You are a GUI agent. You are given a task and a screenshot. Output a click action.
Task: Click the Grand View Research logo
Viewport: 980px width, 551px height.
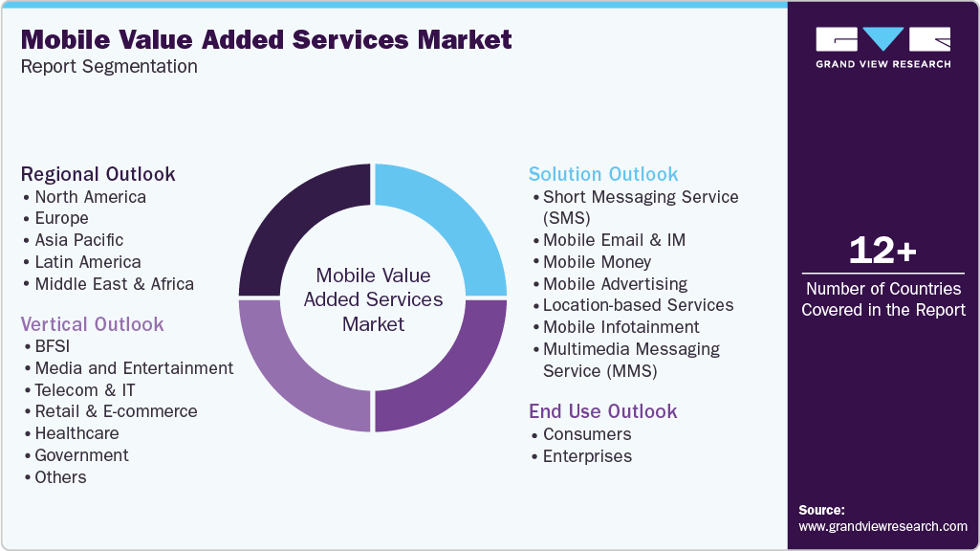(882, 47)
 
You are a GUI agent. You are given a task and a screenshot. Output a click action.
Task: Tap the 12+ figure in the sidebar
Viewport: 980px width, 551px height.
(882, 251)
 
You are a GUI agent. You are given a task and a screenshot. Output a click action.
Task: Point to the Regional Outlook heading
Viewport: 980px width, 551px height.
(98, 174)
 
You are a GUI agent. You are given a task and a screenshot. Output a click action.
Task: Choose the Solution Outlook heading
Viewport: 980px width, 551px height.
(603, 174)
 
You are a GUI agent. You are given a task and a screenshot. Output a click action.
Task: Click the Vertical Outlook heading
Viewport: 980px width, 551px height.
(93, 324)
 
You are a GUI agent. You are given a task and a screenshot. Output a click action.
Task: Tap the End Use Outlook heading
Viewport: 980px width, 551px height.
(602, 411)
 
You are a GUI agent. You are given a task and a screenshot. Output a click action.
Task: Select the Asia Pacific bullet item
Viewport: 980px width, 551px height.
(79, 240)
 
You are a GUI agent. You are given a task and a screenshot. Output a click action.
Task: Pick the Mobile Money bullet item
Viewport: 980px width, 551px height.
(597, 261)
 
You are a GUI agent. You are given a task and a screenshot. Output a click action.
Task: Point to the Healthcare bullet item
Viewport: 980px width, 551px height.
(76, 433)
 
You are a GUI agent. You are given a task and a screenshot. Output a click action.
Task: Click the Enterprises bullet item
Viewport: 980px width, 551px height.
(587, 456)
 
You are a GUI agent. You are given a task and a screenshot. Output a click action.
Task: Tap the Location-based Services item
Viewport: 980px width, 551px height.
(638, 305)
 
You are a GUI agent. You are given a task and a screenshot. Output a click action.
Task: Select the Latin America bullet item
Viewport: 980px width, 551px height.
(88, 262)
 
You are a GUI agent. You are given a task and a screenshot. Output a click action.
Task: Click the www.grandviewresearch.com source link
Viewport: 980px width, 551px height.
(882, 526)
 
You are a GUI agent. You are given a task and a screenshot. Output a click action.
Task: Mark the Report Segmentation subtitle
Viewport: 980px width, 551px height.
(109, 67)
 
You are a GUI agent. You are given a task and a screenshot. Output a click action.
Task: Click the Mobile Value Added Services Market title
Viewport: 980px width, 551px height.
(267, 40)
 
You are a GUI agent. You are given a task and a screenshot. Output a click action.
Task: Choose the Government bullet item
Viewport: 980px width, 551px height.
(81, 455)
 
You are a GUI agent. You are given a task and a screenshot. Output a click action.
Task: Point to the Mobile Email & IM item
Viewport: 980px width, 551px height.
(614, 240)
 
